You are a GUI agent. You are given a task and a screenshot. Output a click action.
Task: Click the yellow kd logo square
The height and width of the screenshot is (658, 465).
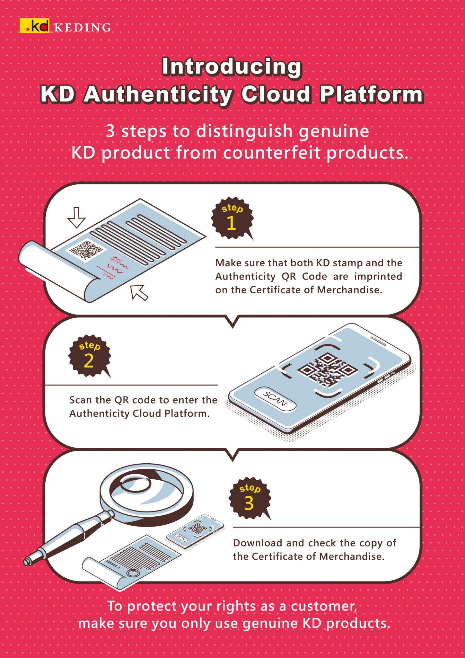pos(35,26)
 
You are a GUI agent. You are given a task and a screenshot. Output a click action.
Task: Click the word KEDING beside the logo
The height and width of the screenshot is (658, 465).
pos(83,28)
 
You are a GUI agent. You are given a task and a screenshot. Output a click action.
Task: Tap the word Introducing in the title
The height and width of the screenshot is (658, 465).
pos(232,67)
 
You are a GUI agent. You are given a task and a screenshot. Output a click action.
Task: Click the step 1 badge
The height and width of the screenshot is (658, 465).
pos(232,218)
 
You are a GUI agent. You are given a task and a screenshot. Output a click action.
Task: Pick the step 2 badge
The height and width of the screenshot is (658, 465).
pos(90,356)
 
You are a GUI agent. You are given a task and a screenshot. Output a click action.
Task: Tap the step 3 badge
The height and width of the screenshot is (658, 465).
pos(250,498)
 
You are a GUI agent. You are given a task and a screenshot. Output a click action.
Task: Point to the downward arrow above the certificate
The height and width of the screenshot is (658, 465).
pos(76,218)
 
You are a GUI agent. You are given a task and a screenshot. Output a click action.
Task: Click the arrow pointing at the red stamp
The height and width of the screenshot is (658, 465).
pos(139,292)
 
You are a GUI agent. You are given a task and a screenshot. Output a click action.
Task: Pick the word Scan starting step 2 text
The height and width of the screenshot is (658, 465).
pos(80,400)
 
